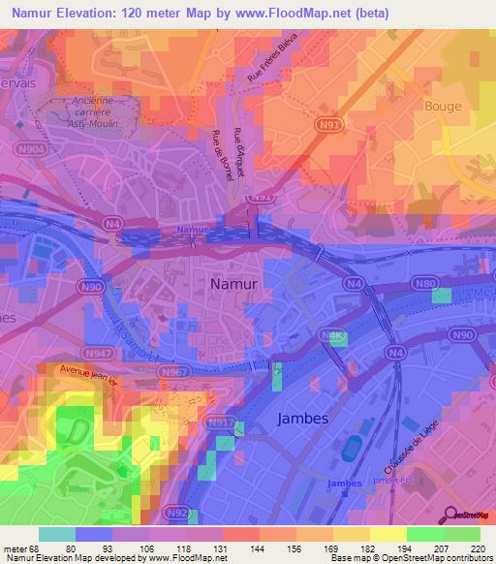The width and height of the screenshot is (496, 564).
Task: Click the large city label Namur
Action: pos(233,285)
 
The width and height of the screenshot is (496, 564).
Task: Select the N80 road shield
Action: pos(425,283)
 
